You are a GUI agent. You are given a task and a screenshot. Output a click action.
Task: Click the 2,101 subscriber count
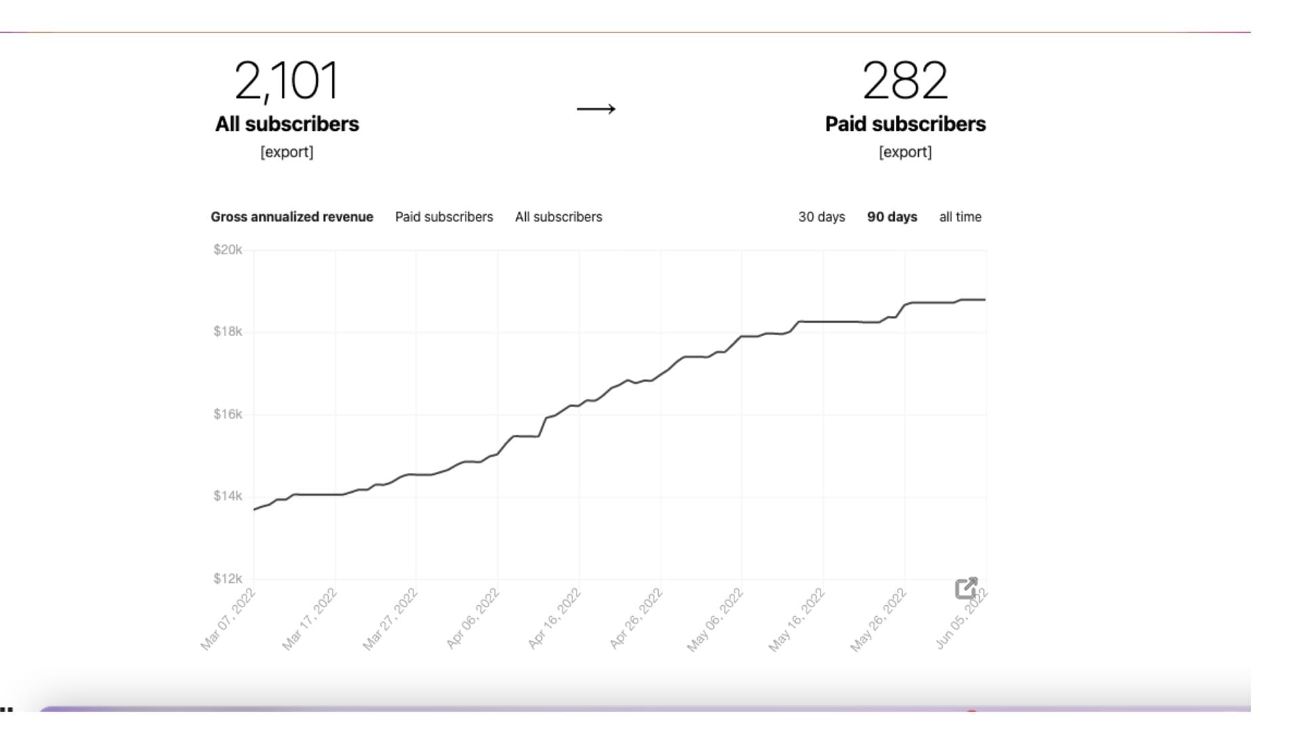[x=287, y=81]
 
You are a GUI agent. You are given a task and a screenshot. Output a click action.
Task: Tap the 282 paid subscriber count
[x=905, y=80]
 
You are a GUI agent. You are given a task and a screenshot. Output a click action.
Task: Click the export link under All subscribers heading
[x=287, y=152]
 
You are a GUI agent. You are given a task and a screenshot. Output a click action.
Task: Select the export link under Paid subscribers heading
[x=905, y=152]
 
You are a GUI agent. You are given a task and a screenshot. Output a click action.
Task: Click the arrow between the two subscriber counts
[x=596, y=108]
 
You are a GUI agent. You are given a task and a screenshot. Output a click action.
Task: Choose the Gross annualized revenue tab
[x=292, y=217]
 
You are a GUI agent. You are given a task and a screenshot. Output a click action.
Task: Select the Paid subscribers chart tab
[x=445, y=217]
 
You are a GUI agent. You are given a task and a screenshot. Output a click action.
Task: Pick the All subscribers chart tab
[x=558, y=217]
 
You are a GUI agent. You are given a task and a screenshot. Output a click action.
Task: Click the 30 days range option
[x=822, y=217]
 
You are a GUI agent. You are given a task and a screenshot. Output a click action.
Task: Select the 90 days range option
[x=892, y=217]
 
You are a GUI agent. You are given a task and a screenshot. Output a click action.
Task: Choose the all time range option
[x=960, y=217]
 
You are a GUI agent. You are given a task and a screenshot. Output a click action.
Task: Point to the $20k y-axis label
[x=228, y=249]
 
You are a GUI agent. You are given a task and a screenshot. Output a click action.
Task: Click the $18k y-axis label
[x=228, y=331]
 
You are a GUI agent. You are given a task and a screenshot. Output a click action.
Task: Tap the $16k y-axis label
[x=228, y=414]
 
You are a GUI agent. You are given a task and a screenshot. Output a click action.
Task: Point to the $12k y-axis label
[x=228, y=578]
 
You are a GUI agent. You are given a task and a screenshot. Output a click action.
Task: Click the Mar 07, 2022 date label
[x=228, y=619]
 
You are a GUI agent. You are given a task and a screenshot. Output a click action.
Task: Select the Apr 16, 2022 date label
[x=554, y=619]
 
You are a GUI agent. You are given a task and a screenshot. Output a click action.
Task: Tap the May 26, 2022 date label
[x=878, y=620]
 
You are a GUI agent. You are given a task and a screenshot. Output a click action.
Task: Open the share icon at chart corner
[x=966, y=588]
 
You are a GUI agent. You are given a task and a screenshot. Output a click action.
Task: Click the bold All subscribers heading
[x=287, y=124]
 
